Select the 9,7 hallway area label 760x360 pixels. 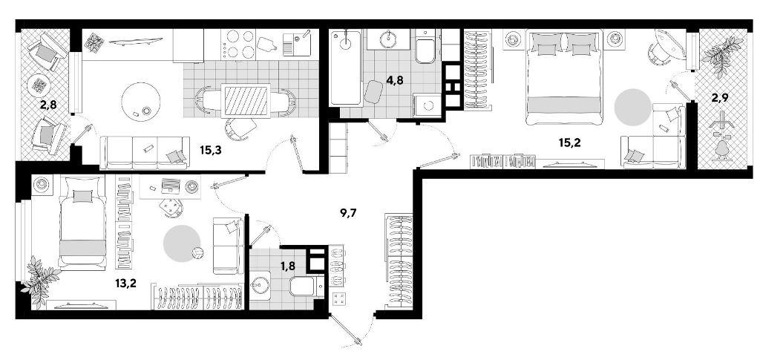click(349, 212)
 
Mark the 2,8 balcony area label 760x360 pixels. click(48, 102)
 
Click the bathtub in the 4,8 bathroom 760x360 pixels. click(346, 68)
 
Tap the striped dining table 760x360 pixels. click(246, 100)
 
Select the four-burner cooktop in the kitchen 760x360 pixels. click(238, 44)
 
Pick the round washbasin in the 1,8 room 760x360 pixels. click(262, 285)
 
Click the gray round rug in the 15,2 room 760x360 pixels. click(632, 107)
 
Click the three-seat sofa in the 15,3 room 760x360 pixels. click(145, 152)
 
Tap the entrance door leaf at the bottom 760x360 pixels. click(345, 329)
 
